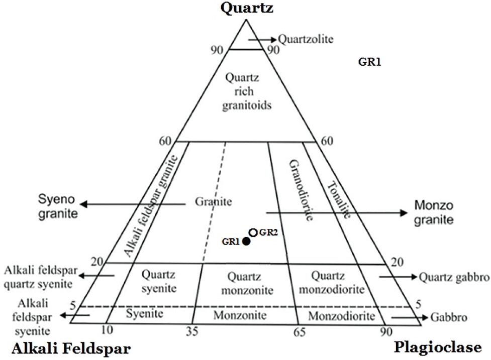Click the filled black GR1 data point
pos(246,242)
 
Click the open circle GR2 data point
pos(253,232)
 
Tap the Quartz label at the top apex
pos(246,8)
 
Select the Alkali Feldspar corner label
pos(71,348)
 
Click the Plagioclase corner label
pos(438,347)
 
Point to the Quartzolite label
pos(306,39)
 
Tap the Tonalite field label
pos(340,199)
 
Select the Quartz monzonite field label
pos(250,283)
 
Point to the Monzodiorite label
pos(341,316)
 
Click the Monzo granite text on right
pos(434,212)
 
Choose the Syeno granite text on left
pos(58,206)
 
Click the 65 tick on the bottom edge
pos(300,332)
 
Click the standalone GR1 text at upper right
pos(370,62)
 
